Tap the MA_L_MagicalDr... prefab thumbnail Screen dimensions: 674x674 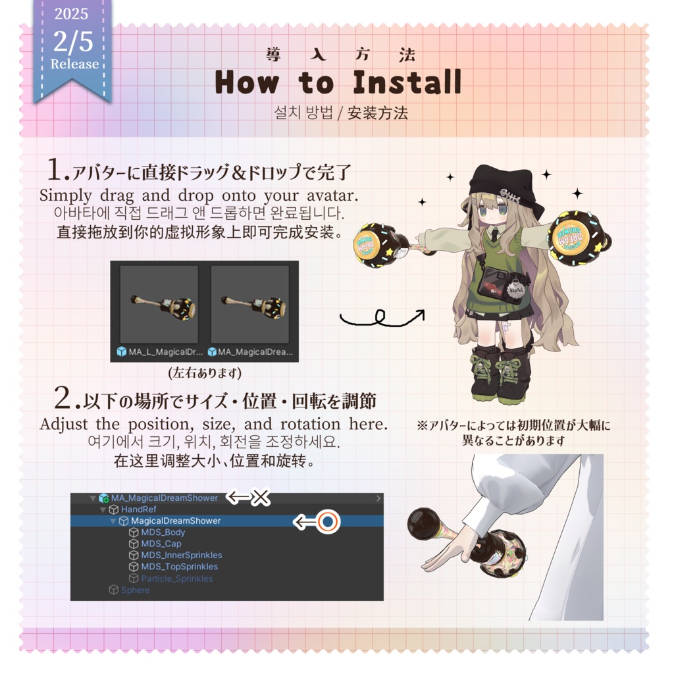click(x=159, y=303)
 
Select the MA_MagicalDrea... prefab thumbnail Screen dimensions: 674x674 click(x=250, y=303)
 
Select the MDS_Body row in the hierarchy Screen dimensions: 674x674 click(x=163, y=532)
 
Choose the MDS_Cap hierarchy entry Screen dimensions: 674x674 click(x=161, y=544)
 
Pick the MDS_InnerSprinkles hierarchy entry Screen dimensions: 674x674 click(x=181, y=555)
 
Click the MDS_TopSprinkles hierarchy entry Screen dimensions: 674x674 click(x=179, y=567)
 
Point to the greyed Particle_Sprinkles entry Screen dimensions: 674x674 click(x=176, y=579)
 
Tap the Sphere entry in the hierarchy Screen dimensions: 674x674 click(x=135, y=590)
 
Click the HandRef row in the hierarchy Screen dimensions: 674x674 click(x=138, y=509)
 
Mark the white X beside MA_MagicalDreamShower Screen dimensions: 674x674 click(x=261, y=498)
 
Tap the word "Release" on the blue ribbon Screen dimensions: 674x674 click(x=74, y=65)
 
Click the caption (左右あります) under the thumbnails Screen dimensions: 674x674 click(x=205, y=373)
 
